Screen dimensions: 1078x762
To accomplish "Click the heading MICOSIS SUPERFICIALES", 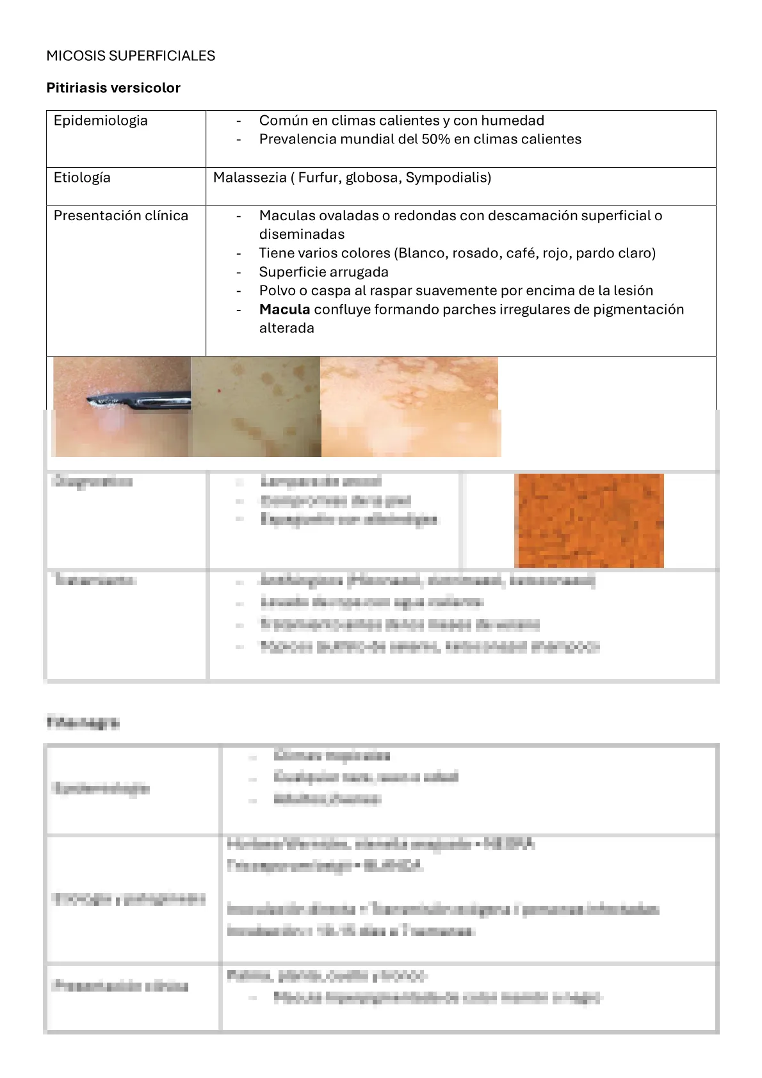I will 131,56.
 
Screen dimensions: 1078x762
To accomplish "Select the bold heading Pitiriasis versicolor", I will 113,88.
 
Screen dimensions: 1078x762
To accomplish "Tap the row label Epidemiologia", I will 101,120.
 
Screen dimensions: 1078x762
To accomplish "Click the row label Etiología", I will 82,177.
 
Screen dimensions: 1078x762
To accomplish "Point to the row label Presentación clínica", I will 121,216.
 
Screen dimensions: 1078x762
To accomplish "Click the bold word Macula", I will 284,309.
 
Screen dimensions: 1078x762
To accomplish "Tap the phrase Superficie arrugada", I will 323,272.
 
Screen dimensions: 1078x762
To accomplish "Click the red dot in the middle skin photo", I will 219,390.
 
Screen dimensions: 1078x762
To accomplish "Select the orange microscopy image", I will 588,520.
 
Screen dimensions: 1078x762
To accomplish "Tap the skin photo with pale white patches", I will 410,406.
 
